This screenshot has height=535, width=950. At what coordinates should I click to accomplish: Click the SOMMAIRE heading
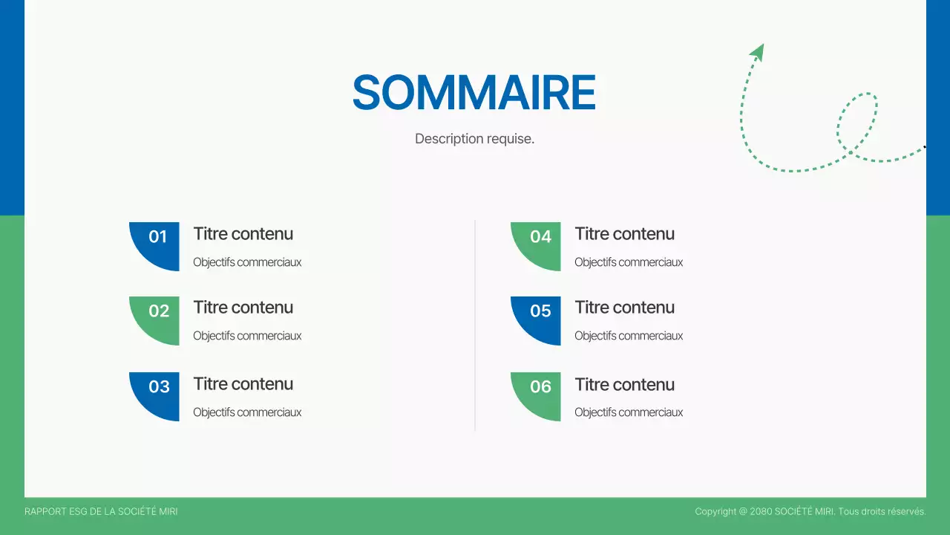click(474, 93)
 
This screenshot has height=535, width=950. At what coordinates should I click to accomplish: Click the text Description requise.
click(474, 139)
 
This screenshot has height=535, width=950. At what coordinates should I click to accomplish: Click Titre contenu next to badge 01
click(243, 234)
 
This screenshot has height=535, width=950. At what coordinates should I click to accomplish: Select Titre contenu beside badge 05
click(624, 308)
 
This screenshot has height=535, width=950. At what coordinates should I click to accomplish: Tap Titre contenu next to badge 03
click(243, 384)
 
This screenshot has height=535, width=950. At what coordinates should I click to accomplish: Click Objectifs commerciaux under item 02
click(247, 336)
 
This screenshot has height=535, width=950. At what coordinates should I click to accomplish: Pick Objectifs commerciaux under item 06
click(629, 412)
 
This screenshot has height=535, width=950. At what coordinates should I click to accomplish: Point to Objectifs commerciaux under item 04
click(629, 262)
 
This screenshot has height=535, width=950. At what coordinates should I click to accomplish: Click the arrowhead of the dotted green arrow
click(758, 51)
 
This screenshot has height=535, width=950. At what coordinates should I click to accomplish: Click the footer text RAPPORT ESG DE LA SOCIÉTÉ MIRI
click(101, 512)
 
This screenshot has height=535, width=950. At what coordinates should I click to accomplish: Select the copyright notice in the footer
click(810, 512)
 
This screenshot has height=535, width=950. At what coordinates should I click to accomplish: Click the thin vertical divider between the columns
click(475, 325)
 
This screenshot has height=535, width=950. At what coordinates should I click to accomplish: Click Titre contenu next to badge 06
click(624, 385)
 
